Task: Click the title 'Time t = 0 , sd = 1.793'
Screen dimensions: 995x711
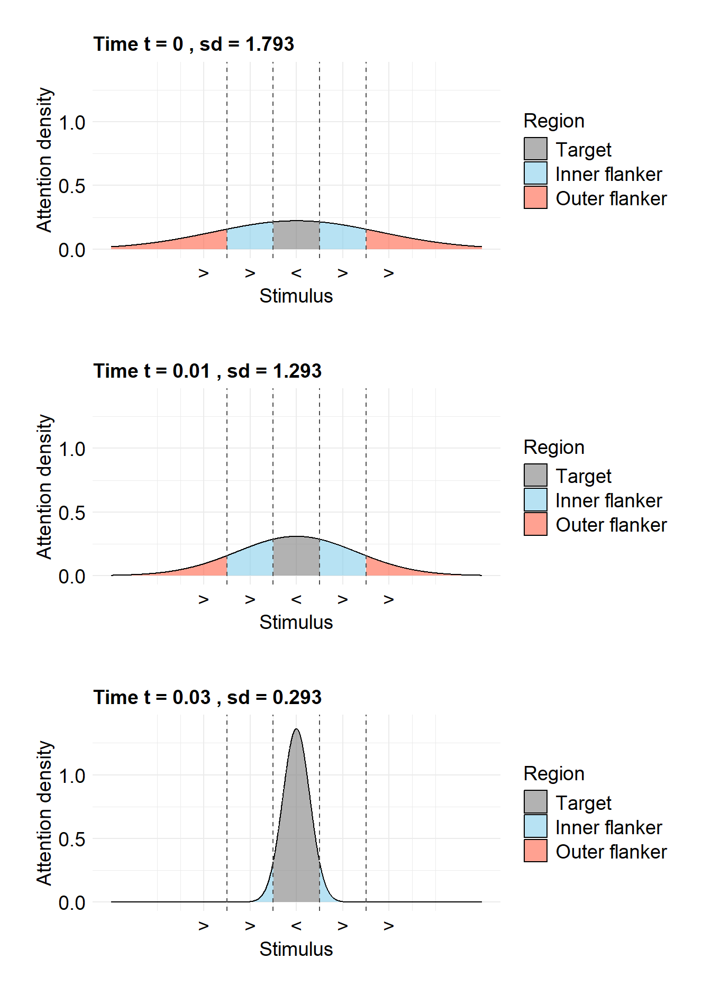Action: [194, 44]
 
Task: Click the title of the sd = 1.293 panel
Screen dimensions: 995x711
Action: [207, 371]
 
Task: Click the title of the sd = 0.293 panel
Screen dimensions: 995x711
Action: [207, 697]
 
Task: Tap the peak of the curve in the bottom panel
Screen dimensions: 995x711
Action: [296, 730]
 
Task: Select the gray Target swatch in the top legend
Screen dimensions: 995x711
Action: [535, 149]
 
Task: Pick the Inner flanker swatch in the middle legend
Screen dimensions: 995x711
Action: [535, 499]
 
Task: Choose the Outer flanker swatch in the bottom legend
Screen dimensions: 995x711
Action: [535, 851]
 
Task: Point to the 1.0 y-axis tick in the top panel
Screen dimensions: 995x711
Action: [72, 123]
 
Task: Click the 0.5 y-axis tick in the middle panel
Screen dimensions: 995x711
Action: [72, 513]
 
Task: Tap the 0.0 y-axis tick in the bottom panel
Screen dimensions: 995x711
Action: [72, 902]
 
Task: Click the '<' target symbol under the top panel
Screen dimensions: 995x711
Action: [296, 273]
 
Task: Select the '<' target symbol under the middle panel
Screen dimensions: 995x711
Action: [296, 599]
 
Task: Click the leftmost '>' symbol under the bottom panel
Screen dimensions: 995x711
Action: [204, 926]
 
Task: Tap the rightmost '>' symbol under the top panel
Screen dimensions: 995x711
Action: [389, 273]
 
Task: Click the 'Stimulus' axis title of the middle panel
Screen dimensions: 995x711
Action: [296, 622]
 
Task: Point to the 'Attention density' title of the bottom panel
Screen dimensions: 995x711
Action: [44, 813]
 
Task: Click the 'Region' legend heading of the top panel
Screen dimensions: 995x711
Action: [554, 121]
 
